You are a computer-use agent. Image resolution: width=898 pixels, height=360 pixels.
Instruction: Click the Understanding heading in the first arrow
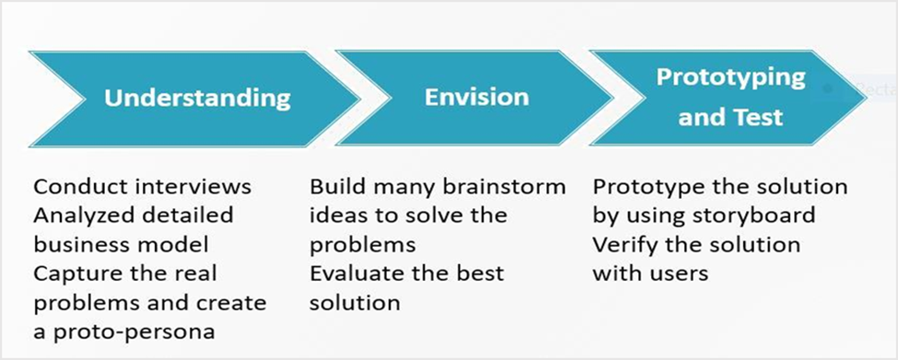(197, 98)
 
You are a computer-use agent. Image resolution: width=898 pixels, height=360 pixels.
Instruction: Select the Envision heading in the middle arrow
(477, 97)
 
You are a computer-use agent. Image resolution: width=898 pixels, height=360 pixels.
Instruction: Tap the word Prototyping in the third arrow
(730, 77)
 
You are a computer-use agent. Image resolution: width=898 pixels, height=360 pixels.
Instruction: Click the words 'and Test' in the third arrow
(730, 118)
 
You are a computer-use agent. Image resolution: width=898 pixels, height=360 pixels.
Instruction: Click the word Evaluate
(357, 273)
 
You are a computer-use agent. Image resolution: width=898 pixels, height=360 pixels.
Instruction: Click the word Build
(333, 187)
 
